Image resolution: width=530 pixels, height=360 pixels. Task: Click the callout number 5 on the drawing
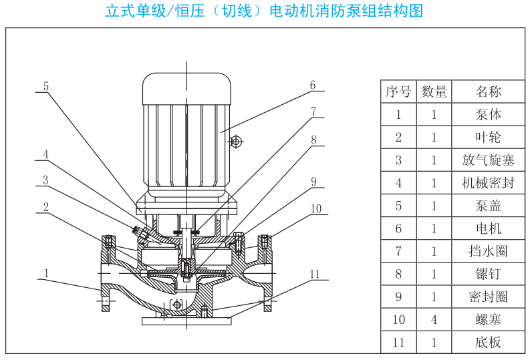(x=46, y=85)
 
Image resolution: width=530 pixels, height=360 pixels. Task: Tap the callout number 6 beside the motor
(x=311, y=85)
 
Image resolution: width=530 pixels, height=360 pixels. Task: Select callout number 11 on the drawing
(x=315, y=273)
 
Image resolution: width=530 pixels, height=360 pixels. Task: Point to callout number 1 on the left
(x=46, y=273)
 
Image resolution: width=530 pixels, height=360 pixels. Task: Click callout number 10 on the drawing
(x=315, y=208)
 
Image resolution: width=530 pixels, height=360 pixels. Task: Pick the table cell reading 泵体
(x=488, y=114)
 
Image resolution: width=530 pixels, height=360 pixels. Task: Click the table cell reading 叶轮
(x=488, y=137)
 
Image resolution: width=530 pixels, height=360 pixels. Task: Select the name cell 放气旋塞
(x=488, y=160)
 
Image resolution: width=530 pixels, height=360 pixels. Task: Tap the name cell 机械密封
(x=488, y=182)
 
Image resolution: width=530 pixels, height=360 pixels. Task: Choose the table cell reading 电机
(x=488, y=228)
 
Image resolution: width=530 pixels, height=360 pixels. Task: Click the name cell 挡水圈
(x=488, y=251)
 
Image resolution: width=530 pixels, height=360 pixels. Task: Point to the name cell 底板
(x=488, y=343)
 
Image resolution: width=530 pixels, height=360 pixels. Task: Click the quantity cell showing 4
(x=434, y=319)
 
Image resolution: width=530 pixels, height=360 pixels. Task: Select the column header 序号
(x=398, y=92)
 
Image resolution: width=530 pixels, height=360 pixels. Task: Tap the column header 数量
(x=434, y=92)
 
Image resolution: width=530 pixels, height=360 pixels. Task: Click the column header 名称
(x=488, y=92)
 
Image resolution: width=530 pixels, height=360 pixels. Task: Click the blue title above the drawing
(x=265, y=11)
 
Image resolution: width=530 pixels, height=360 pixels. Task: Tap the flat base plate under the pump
(x=186, y=321)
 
